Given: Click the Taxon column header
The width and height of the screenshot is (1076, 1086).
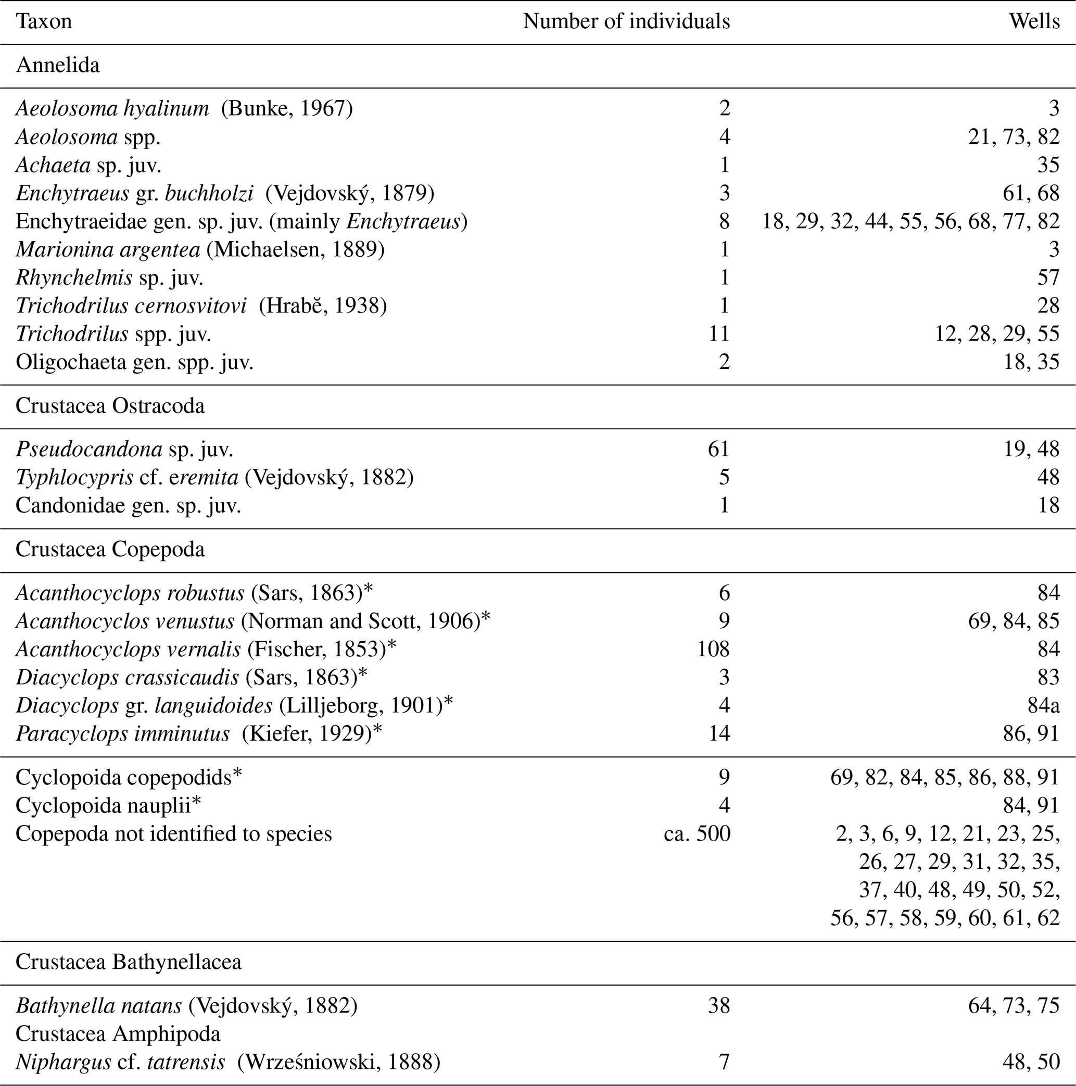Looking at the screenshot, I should (44, 22).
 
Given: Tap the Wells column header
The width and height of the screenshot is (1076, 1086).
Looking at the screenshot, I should (1034, 22).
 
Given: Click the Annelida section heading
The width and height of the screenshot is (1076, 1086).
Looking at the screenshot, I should (58, 66).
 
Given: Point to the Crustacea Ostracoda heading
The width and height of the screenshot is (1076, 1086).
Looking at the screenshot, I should (110, 406).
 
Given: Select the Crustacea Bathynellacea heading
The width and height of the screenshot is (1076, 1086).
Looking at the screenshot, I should (129, 962).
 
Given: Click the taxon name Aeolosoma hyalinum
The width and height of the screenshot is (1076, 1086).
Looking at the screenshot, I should (112, 108).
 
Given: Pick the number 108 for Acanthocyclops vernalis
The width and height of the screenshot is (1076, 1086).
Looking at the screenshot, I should (713, 649).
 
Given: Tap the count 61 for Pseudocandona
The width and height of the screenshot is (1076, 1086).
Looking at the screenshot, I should (719, 449).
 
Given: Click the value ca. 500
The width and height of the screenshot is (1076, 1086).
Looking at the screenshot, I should (697, 833).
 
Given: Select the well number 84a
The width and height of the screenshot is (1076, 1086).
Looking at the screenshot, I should (1043, 705).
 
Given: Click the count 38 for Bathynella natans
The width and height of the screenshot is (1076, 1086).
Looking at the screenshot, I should (719, 1006).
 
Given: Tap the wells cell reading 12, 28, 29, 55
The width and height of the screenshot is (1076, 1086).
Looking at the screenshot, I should (997, 334).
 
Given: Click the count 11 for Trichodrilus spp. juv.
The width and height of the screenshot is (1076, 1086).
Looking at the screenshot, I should (719, 334).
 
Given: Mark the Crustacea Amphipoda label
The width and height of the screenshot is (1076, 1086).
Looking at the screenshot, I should (118, 1034).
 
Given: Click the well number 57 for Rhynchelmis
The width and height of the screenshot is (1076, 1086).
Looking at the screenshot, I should (1048, 278).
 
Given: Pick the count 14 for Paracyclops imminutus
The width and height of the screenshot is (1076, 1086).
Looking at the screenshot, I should (719, 733).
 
